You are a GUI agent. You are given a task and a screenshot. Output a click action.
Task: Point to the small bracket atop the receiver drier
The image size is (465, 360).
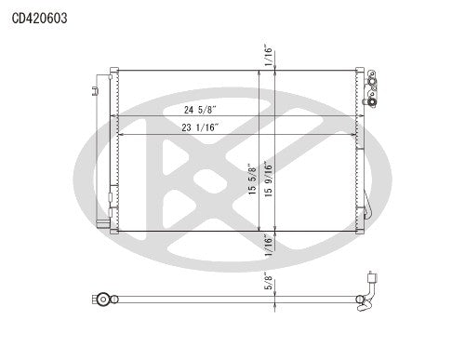(95, 90)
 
